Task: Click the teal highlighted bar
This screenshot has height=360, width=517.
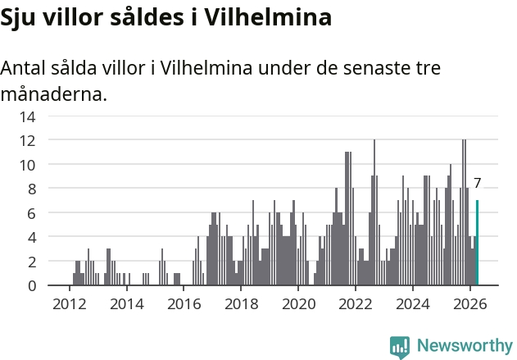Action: click(x=477, y=243)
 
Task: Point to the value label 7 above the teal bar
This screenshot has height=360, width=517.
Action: click(x=478, y=183)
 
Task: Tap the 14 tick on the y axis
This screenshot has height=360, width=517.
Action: click(x=27, y=116)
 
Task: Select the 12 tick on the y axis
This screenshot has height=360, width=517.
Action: click(x=27, y=141)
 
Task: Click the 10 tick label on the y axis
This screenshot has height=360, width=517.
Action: click(x=27, y=166)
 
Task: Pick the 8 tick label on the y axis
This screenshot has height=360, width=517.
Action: click(x=32, y=189)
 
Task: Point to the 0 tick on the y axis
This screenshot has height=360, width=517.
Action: click(x=32, y=286)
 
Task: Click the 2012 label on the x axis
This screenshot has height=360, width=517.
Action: click(x=70, y=304)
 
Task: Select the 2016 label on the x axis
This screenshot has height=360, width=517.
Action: click(x=184, y=304)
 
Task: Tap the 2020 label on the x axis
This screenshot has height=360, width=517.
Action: click(x=298, y=304)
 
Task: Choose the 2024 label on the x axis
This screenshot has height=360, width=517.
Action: click(x=413, y=304)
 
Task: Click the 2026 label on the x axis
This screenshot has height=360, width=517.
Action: click(x=470, y=304)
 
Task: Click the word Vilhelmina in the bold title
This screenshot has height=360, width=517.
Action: click(x=268, y=17)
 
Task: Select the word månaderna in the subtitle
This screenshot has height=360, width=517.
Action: click(x=54, y=94)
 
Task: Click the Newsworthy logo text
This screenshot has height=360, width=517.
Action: click(x=465, y=345)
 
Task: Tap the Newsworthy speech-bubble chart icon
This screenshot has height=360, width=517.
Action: click(x=400, y=347)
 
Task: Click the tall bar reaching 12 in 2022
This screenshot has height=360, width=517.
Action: click(x=374, y=212)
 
